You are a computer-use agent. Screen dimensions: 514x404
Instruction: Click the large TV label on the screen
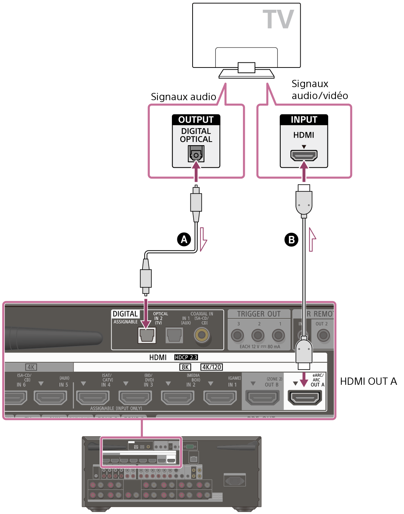coord(278,20)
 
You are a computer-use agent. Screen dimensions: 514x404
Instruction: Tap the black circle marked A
coord(184,240)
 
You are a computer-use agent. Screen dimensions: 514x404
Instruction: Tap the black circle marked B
coord(291,240)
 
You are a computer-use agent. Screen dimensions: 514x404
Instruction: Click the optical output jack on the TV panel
coord(196,154)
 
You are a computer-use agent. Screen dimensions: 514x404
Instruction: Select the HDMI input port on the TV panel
coord(304,155)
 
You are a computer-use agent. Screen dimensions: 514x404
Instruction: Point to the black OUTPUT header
coord(196,120)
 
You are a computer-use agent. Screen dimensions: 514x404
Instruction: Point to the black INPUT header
coord(304,120)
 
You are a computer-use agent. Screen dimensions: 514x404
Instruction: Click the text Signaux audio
coord(184,97)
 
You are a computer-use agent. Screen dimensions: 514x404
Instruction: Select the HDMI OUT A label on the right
coord(368,382)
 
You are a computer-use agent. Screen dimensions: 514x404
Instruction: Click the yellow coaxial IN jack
coord(202,335)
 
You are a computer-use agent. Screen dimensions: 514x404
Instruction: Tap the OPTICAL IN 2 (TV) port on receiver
coord(147,335)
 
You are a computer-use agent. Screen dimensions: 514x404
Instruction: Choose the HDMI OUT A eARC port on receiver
coord(305,398)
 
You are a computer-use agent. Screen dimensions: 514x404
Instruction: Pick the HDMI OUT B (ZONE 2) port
coord(263,398)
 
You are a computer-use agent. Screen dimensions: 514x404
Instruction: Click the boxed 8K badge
coord(185,367)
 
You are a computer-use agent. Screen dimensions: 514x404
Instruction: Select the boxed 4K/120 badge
coord(211,367)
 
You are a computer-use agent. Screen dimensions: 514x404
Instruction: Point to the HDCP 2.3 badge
coord(186,358)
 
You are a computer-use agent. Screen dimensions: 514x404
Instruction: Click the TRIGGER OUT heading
coord(259,314)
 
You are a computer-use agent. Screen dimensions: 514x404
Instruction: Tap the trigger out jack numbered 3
coord(238,335)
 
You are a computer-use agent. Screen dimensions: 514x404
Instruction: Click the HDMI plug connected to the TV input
coord(304,201)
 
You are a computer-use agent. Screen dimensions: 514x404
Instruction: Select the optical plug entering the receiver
coord(146,280)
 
